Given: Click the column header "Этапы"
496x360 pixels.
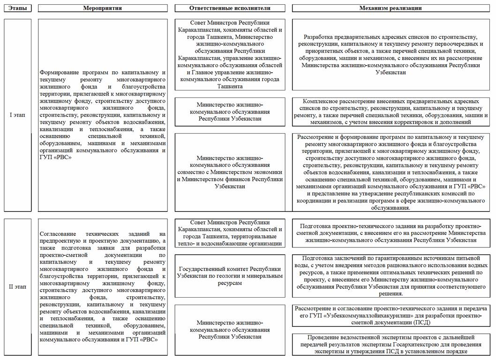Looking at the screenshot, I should [17, 8].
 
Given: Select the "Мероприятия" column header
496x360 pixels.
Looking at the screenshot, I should [102, 8].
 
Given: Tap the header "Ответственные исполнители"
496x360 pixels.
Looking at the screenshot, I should [230, 8].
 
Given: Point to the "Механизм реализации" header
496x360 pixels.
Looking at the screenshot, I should [391, 8].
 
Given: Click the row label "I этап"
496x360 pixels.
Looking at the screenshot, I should [17, 115].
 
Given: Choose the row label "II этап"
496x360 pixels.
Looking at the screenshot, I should [17, 285].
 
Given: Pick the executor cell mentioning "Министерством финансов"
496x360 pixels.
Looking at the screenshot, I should [230, 172].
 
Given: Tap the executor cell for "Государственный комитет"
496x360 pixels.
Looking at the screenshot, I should [230, 276].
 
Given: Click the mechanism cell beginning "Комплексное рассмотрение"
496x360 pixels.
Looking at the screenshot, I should [391, 111].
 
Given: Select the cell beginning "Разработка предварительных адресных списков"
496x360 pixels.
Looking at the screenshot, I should [391, 54].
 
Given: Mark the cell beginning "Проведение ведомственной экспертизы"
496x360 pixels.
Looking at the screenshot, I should [391, 344].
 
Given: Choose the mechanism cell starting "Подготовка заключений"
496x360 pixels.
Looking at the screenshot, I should [391, 276].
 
